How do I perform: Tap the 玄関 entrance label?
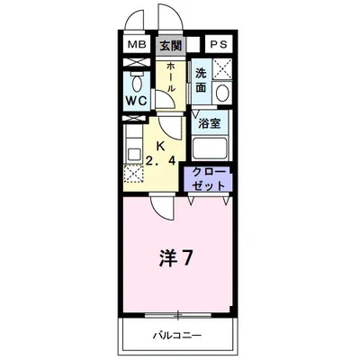click(170, 44)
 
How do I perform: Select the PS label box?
click(219, 44)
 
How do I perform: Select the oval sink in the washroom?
click(224, 93)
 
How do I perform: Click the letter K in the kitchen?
click(163, 146)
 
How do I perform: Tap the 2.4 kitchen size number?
click(162, 163)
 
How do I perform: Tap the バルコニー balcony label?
click(179, 336)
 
